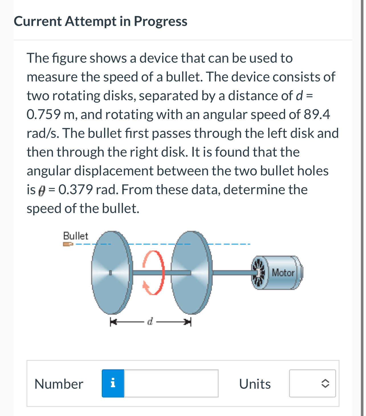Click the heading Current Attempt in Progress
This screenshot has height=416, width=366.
tap(100, 21)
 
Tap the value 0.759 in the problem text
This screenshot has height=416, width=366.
tap(44, 114)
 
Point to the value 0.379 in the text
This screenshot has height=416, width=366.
tap(76, 190)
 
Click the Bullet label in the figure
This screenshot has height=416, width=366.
tap(76, 236)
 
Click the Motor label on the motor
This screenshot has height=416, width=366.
tap(283, 273)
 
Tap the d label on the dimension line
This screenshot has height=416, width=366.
tap(150, 321)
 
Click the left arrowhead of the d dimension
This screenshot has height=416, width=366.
tap(113, 322)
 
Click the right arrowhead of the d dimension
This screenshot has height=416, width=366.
tap(188, 322)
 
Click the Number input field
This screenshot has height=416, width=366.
tap(171, 384)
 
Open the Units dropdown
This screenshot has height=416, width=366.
tap(312, 384)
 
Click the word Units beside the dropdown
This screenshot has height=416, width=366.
tap(255, 384)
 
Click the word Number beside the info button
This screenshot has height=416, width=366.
tap(59, 384)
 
